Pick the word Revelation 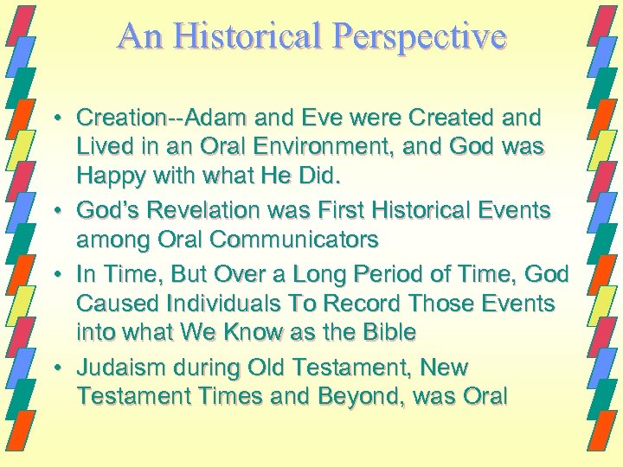(202, 211)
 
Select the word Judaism (114, 368)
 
